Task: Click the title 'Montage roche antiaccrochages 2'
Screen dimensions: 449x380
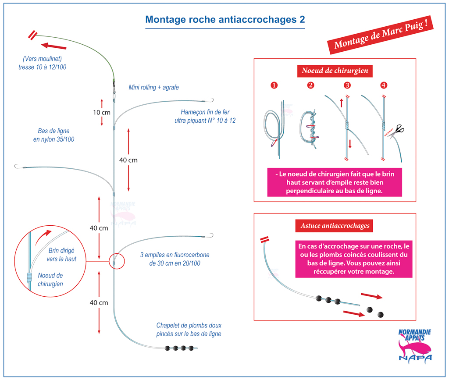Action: click(225, 19)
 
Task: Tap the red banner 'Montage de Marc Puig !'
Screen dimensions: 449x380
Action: click(380, 35)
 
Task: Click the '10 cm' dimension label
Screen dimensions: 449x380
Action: click(102, 113)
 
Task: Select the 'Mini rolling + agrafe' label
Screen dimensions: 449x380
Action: click(154, 87)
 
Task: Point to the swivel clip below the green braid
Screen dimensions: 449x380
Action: click(114, 87)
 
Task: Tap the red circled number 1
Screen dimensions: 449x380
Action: click(274, 85)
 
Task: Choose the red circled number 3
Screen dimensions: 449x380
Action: click(347, 85)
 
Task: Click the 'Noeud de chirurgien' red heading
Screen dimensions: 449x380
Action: click(335, 71)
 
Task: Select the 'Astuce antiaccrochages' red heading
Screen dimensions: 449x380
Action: click(335, 226)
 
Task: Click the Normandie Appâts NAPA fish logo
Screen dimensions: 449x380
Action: click(415, 346)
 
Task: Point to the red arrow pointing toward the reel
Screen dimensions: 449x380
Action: click(53, 46)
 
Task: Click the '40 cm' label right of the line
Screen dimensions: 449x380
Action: click(128, 160)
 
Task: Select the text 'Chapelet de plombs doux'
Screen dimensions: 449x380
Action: click(189, 325)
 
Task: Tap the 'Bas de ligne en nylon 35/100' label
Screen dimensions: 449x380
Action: click(53, 135)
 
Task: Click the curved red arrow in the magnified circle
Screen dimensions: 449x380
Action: click(43, 237)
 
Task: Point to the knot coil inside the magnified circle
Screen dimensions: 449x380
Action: click(29, 277)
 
